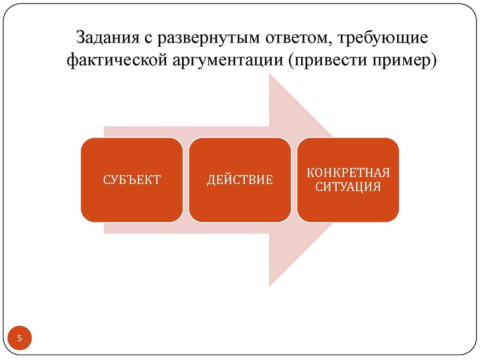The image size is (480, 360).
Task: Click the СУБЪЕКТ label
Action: click(132, 180)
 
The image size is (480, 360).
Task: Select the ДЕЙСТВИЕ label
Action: click(240, 180)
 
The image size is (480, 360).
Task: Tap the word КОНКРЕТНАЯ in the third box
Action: click(348, 173)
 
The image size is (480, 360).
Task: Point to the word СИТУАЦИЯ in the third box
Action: click(348, 187)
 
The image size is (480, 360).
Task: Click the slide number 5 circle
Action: click(19, 339)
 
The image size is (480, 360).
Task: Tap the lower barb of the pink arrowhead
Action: click(271, 284)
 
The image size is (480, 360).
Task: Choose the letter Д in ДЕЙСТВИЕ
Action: click(211, 180)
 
